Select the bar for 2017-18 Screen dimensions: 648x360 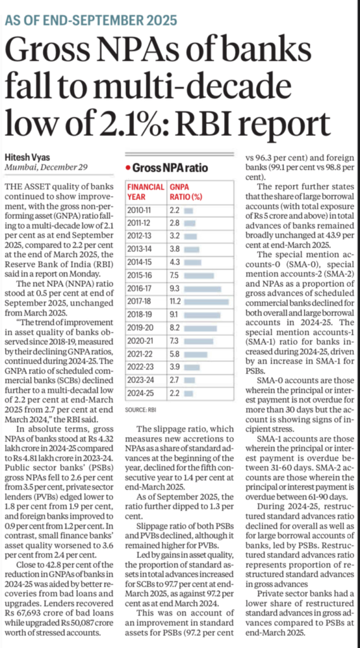(x=208, y=302)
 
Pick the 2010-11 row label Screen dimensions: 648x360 (x=140, y=209)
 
